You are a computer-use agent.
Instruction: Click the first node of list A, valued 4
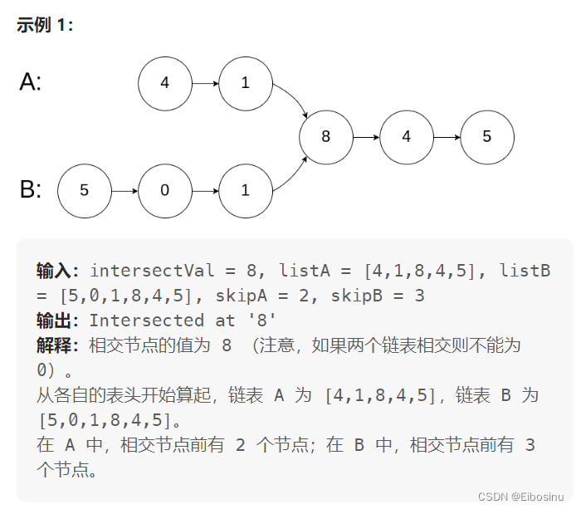[164, 83]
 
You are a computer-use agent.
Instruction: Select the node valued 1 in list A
[245, 83]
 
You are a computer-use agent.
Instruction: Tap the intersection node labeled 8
[325, 137]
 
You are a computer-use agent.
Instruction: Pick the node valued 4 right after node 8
[406, 137]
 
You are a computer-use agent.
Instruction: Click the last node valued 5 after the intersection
[486, 137]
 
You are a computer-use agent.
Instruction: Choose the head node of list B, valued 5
[84, 190]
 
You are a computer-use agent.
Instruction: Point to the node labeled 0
[164, 190]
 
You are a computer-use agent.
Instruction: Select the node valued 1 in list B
[245, 190]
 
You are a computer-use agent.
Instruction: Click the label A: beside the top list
[31, 82]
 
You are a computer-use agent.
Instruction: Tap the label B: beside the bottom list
[31, 190]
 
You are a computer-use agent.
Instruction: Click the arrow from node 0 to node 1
[204, 190]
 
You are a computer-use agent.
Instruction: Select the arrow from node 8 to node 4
[365, 137]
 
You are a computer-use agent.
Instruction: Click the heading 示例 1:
[45, 25]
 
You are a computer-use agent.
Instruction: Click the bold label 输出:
[58, 321]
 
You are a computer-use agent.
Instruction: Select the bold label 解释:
[58, 345]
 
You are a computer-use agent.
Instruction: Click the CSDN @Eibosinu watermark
[525, 496]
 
